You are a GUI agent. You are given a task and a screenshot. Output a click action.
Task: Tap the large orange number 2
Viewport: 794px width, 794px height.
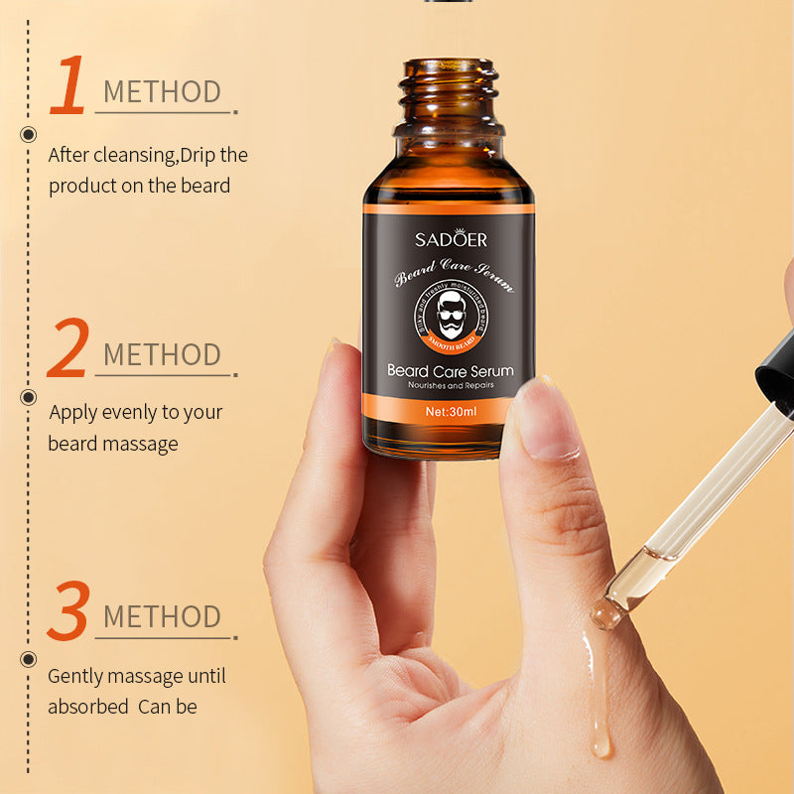(x=68, y=348)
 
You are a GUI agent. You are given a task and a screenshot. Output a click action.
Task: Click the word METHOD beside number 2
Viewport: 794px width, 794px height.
(x=162, y=354)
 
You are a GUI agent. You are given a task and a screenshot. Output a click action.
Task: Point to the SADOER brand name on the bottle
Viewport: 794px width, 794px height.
(x=451, y=239)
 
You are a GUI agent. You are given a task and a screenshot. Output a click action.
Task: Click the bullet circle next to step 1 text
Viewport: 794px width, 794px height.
(x=29, y=135)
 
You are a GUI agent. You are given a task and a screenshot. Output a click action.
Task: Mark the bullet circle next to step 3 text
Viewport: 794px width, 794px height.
(x=29, y=658)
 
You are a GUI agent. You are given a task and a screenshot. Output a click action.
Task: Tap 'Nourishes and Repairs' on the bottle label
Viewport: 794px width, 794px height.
(x=451, y=385)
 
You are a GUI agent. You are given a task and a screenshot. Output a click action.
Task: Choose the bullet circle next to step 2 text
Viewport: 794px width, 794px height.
(x=29, y=397)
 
